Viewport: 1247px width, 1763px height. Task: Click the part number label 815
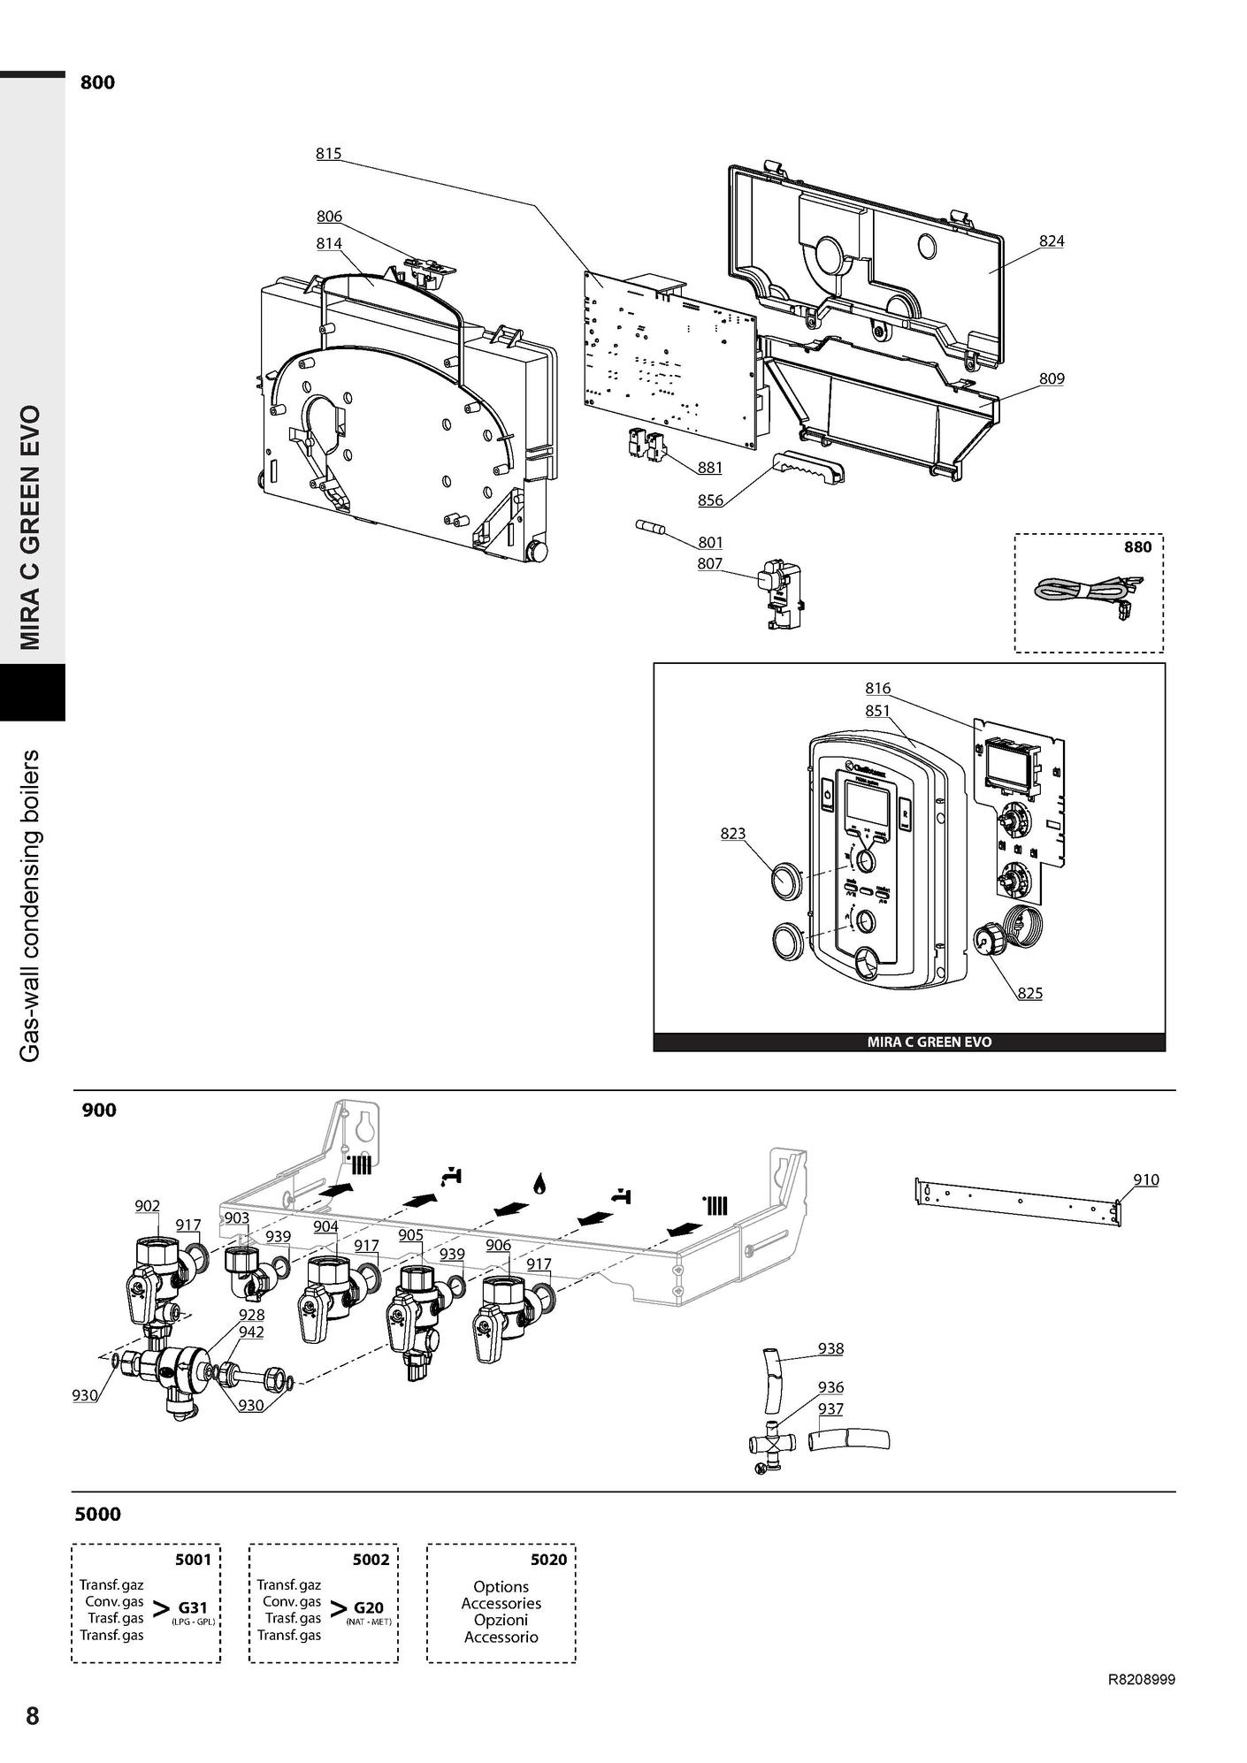tap(328, 154)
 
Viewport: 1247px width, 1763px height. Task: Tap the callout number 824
tap(1052, 241)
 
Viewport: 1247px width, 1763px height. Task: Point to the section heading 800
tap(97, 83)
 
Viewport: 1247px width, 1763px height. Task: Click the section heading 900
tap(99, 1110)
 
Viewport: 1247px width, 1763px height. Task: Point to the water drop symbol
tap(539, 1183)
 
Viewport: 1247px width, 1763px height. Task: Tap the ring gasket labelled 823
tap(786, 882)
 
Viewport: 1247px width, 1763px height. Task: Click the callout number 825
tap(1029, 994)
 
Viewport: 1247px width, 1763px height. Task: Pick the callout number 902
tap(147, 1206)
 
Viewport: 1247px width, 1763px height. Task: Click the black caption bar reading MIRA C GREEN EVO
tap(909, 1042)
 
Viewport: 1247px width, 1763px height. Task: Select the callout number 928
tap(251, 1315)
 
